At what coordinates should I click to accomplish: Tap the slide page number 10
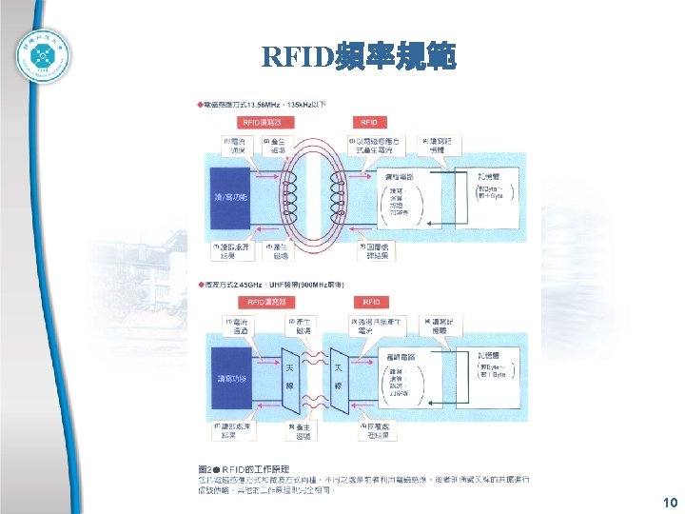[x=670, y=503]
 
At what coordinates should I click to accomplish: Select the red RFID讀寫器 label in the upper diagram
[x=264, y=122]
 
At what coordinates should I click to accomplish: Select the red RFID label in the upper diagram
[x=369, y=122]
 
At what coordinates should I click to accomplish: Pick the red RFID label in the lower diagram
[x=370, y=302]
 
